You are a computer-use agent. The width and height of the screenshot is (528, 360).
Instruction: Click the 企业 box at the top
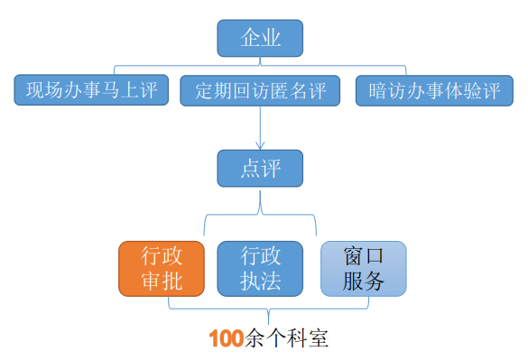[x=260, y=38]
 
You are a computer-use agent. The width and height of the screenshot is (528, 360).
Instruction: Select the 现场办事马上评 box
[x=92, y=91]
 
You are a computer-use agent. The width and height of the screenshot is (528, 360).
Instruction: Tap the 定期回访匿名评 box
[x=260, y=91]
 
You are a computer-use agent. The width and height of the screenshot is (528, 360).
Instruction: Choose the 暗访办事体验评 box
[x=435, y=91]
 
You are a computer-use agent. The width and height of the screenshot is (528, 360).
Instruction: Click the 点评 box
[x=260, y=169]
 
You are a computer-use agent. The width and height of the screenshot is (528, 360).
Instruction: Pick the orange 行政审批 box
[x=162, y=268]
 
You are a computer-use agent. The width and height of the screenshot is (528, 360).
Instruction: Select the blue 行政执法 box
[x=261, y=268]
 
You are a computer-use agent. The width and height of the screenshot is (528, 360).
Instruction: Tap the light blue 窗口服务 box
[x=364, y=268]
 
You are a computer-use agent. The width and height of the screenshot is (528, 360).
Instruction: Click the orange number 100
[x=226, y=339]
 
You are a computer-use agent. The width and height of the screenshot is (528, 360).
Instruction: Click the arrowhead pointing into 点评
[x=260, y=144]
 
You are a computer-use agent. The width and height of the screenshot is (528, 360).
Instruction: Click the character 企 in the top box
[x=250, y=38]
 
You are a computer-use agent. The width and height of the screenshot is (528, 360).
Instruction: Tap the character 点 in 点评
[x=250, y=169]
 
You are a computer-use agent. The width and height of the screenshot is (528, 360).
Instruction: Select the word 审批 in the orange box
[x=162, y=281]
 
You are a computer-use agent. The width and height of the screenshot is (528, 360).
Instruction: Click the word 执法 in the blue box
[x=261, y=281]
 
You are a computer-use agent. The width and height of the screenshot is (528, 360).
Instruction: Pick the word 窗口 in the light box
[x=364, y=255]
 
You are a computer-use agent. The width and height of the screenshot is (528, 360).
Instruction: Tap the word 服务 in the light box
[x=364, y=281]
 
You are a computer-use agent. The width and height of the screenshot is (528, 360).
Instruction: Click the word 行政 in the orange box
[x=162, y=255]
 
